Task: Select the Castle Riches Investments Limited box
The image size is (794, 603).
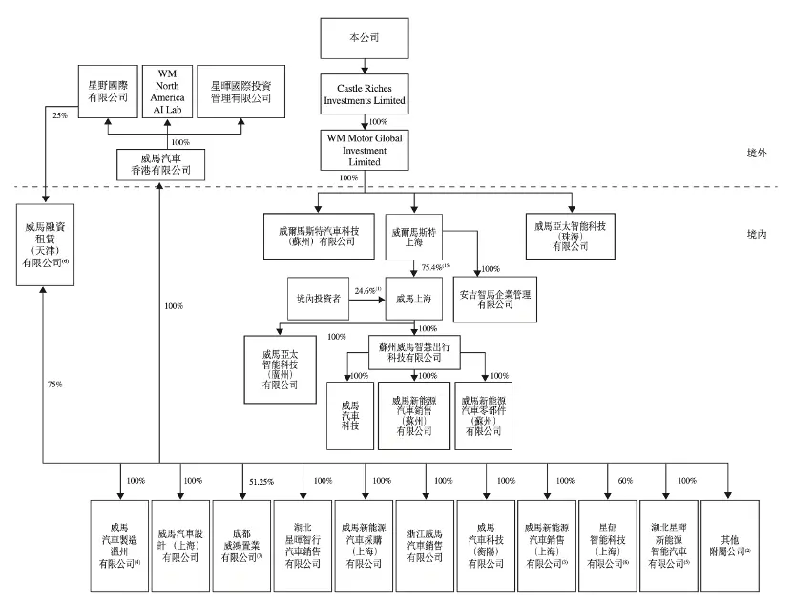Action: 366,93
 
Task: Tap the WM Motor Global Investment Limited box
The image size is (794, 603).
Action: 366,149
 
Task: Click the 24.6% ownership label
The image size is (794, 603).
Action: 364,289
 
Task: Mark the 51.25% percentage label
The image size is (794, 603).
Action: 261,481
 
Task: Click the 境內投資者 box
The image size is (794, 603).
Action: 320,299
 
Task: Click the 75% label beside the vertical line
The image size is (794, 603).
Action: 55,384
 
